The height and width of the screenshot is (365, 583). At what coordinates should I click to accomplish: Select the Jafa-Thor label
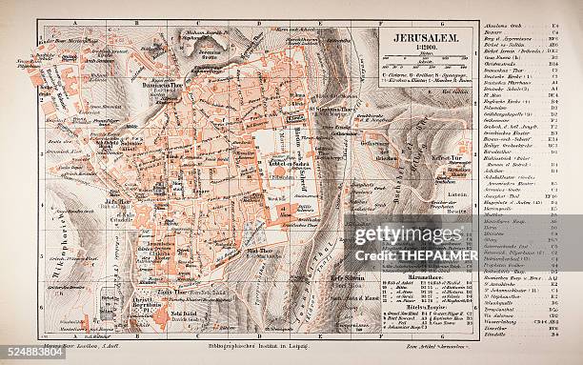pyautogui.click(x=119, y=202)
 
